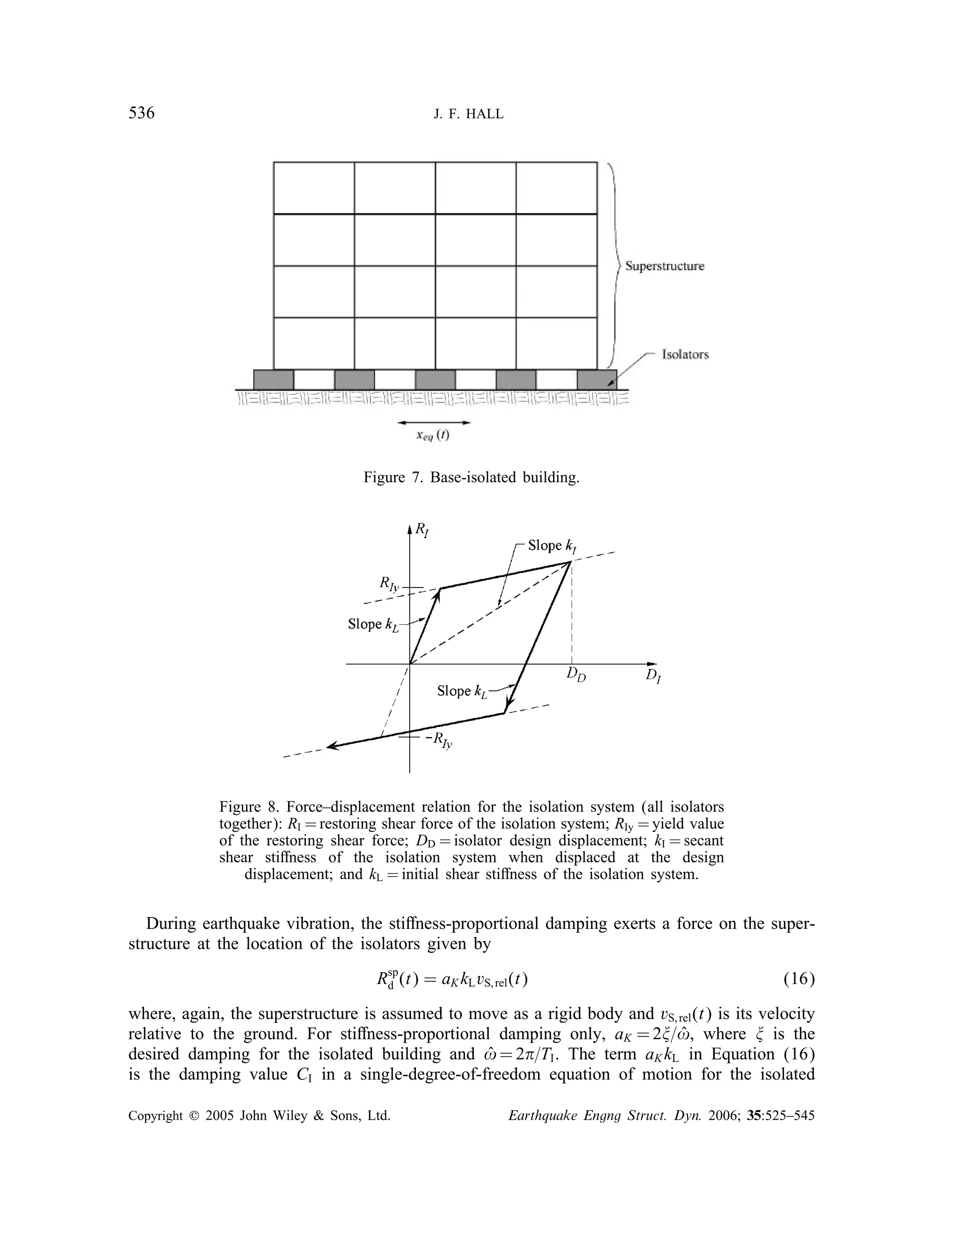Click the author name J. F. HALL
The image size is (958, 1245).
(469, 115)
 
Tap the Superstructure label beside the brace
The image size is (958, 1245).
(664, 266)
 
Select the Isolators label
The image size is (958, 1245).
(685, 355)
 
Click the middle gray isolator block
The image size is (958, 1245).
(435, 380)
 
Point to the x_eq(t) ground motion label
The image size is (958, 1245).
(433, 436)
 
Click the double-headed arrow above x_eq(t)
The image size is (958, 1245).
(434, 422)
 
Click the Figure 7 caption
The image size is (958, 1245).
(471, 477)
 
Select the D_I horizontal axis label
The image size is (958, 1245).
(653, 677)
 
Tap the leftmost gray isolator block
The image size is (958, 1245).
(273, 380)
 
